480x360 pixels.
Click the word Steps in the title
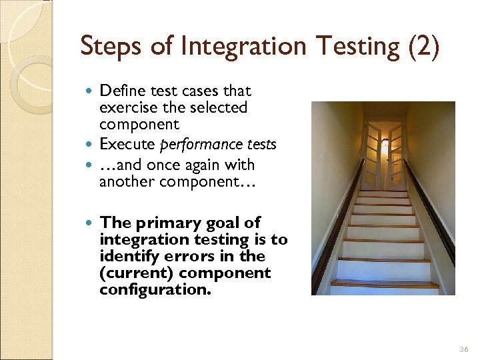pos(106,47)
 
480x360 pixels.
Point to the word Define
pos(120,91)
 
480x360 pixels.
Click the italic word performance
pos(194,145)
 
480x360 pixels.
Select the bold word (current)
pos(137,273)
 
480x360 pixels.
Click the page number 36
pos(464,349)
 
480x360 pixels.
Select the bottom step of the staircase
pos(385,287)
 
